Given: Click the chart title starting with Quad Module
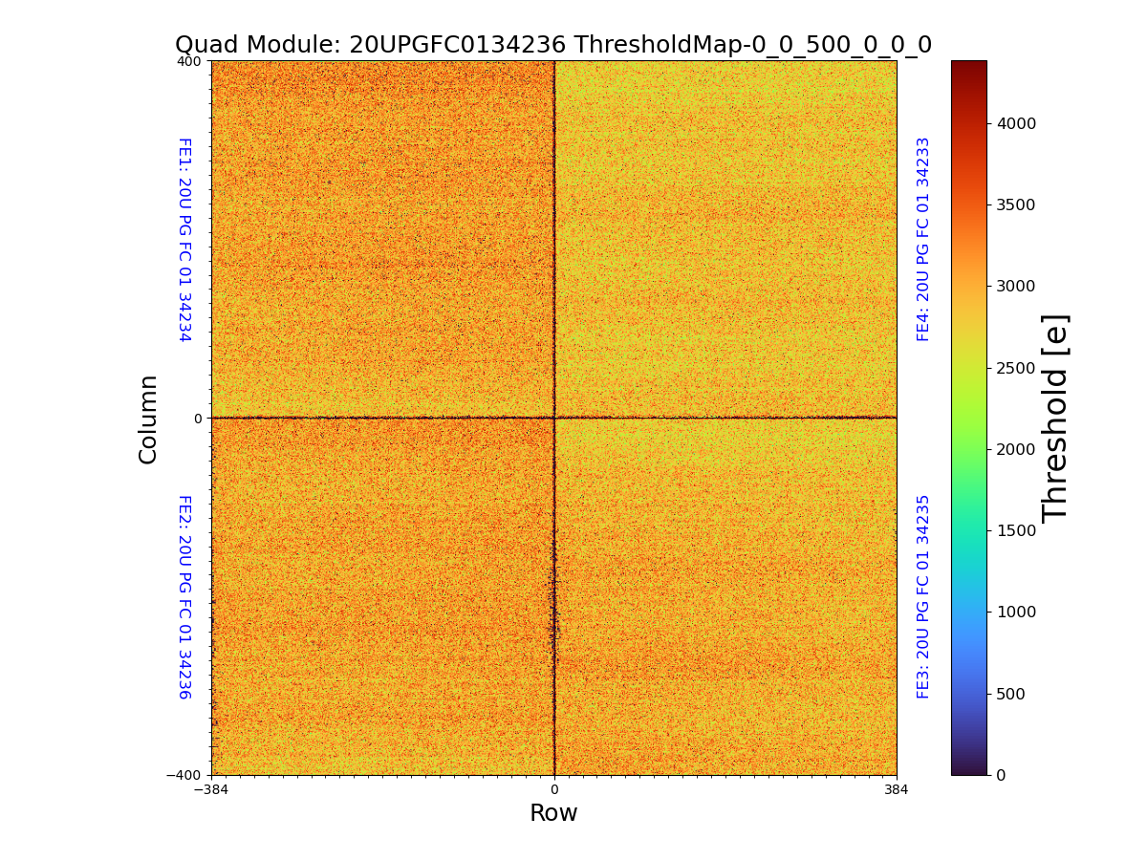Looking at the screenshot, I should tap(552, 45).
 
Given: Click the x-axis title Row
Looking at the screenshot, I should tap(553, 813).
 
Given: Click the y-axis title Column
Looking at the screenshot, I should tap(148, 419).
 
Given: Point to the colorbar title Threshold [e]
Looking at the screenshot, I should tap(1055, 418).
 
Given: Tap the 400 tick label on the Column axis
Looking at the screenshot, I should tap(189, 61).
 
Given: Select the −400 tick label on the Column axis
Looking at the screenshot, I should tap(184, 775).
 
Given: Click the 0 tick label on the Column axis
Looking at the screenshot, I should tap(198, 419).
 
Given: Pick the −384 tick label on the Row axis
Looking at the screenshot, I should tap(211, 790).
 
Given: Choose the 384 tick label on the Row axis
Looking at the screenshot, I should tap(896, 790).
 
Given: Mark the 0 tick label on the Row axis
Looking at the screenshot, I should tap(553, 790).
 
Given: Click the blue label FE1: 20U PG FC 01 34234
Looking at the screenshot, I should tap(184, 239).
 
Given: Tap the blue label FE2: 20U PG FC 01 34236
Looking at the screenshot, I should tap(184, 596).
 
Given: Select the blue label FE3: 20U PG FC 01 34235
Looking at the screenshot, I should tap(923, 596).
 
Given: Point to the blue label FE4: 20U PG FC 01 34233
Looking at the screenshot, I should tap(923, 239).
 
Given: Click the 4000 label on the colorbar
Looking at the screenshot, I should tap(1017, 124).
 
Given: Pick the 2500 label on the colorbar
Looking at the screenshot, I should tap(1017, 369).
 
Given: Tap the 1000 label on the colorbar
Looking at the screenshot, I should tap(1017, 613).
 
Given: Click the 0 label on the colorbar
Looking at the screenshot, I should tap(1001, 775).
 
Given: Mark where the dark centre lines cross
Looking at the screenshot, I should tap(554, 418).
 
